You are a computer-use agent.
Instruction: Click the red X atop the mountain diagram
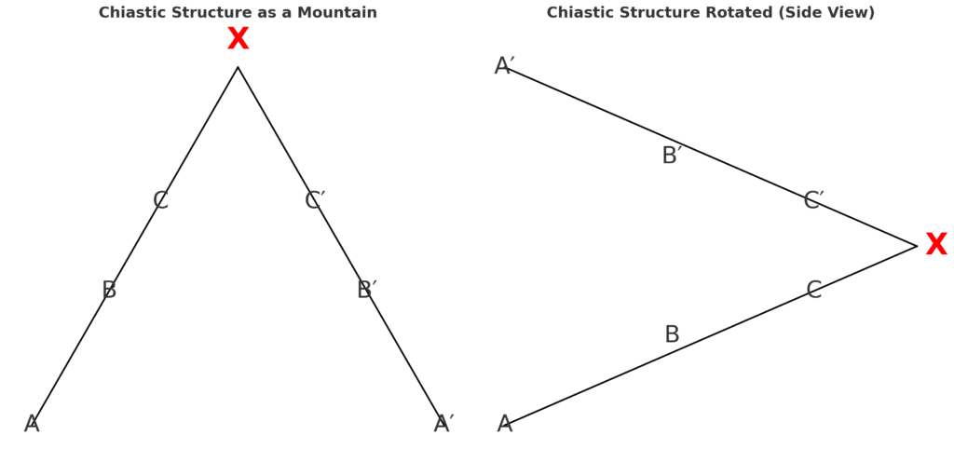click(x=238, y=40)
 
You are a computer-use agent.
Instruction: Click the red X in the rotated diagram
click(x=935, y=245)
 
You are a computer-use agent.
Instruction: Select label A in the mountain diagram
click(x=32, y=425)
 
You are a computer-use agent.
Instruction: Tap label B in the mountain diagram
click(x=109, y=291)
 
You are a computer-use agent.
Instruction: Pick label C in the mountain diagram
click(x=160, y=201)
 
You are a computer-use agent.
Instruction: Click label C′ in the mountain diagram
click(x=315, y=201)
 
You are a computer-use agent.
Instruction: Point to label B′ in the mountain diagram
click(x=366, y=291)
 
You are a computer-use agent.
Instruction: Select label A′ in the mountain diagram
click(x=443, y=425)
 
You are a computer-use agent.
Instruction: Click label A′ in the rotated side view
click(x=504, y=67)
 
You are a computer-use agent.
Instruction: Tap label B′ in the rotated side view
click(x=672, y=156)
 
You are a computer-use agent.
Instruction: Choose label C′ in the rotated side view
click(x=813, y=201)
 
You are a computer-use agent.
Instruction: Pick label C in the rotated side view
click(x=813, y=291)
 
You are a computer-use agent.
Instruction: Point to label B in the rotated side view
click(x=672, y=335)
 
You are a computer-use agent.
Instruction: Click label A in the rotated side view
click(x=504, y=425)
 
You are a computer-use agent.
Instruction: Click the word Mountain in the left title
click(x=342, y=13)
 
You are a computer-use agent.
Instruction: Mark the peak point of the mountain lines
click(x=238, y=67)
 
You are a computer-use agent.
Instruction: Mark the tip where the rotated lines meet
click(x=917, y=246)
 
